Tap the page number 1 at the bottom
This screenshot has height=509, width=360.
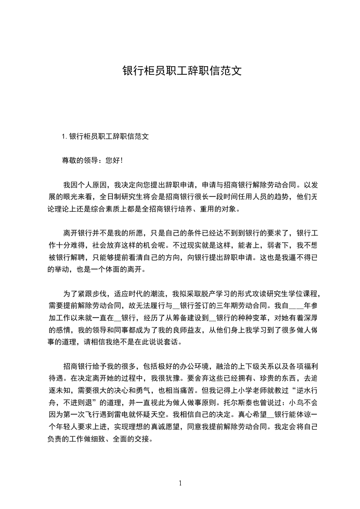180,483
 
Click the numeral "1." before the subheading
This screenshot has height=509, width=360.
65,136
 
